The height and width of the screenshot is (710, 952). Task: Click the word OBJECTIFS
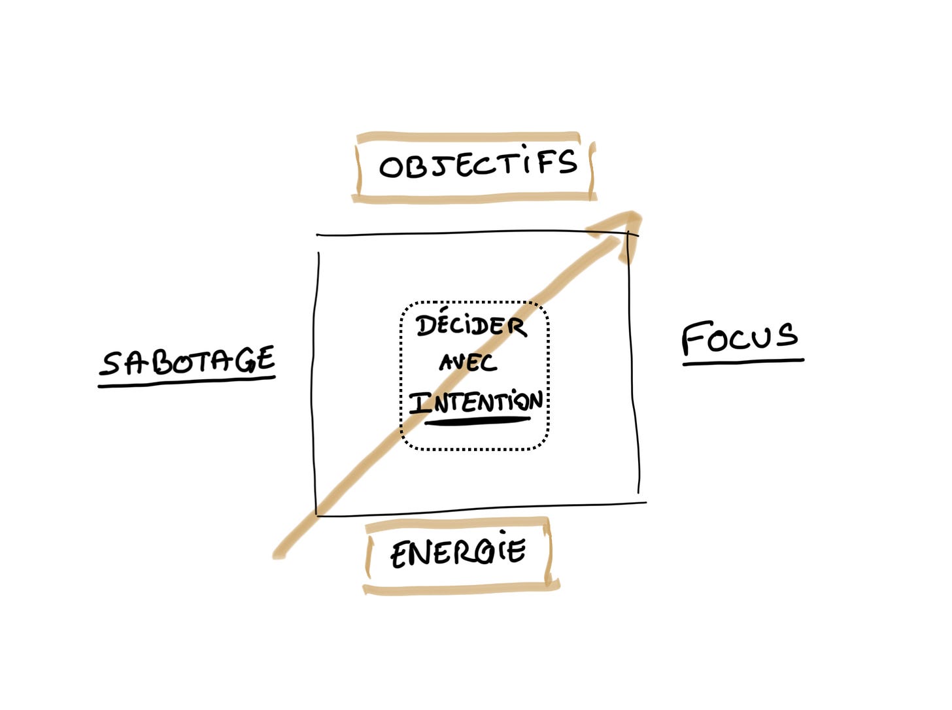tap(478, 163)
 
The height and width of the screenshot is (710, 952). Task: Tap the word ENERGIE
tap(458, 553)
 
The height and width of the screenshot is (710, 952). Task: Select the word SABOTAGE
tap(188, 362)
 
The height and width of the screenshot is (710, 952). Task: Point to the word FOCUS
tap(739, 337)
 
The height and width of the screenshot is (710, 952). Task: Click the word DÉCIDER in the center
tap(471, 326)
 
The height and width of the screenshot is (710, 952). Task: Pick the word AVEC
tap(467, 362)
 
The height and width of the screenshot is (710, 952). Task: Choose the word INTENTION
tap(476, 402)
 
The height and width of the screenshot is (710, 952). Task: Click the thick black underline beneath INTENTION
tap(477, 420)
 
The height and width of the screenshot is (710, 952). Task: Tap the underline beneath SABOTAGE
tap(187, 381)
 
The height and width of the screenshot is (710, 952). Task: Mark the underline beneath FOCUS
tap(743, 362)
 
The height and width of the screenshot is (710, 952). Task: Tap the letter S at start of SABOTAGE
tap(112, 363)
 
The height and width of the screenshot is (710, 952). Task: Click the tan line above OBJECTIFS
tap(468, 137)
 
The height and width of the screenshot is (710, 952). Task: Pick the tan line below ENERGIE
tap(461, 588)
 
